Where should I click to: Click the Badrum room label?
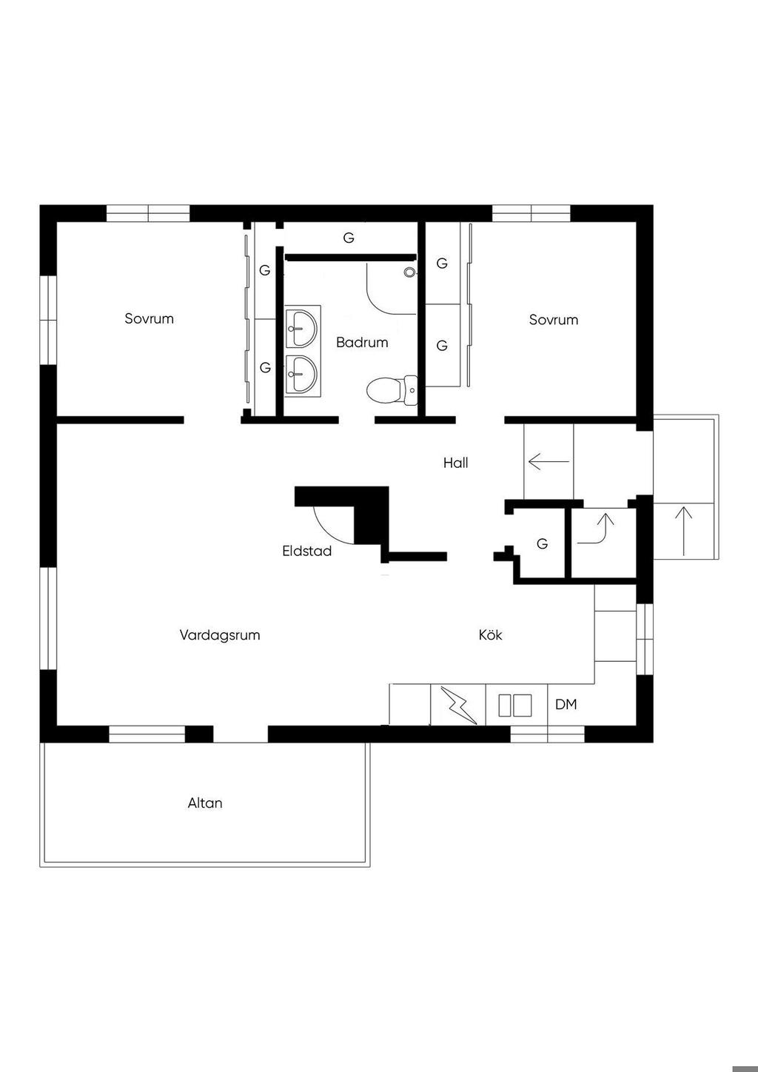click(362, 343)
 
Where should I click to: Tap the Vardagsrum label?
click(220, 635)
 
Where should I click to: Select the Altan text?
click(205, 803)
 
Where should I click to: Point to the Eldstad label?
click(306, 552)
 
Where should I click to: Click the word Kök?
click(491, 635)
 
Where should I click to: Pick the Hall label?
click(455, 463)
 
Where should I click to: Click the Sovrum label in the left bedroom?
click(149, 319)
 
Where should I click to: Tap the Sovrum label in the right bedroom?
click(553, 320)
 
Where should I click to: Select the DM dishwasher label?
click(566, 705)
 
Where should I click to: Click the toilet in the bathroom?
click(392, 390)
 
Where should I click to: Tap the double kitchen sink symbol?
click(515, 706)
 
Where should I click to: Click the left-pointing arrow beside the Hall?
click(549, 462)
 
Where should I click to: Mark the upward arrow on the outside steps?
click(684, 530)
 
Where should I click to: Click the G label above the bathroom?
click(349, 238)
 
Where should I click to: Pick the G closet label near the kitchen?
click(542, 543)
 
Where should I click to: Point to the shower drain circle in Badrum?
click(409, 272)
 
